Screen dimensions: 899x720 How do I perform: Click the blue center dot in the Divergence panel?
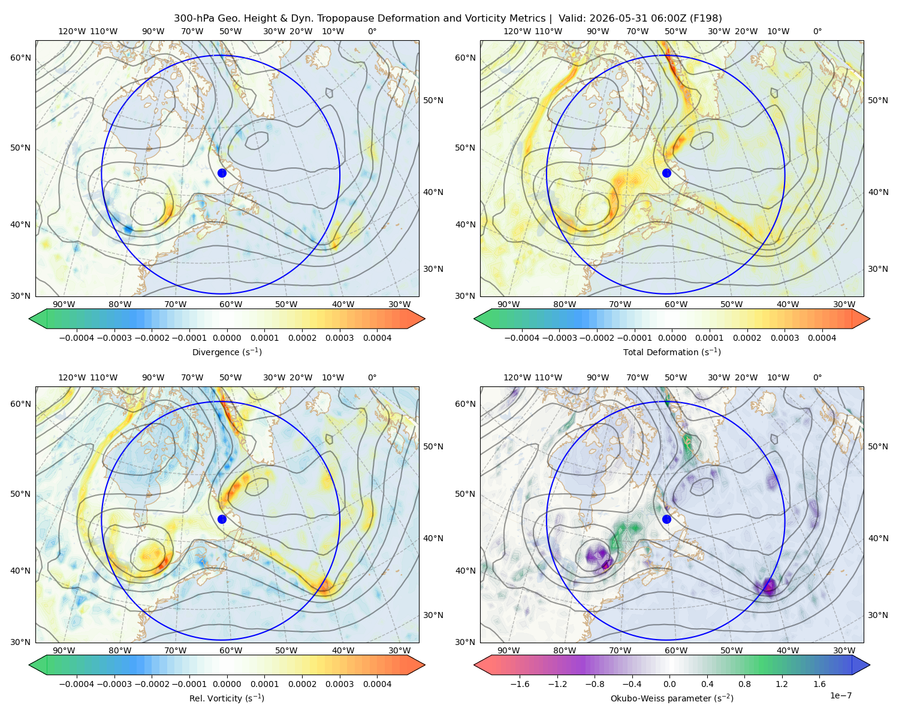[x=222, y=173]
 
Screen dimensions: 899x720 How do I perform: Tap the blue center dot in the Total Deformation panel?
[x=666, y=173]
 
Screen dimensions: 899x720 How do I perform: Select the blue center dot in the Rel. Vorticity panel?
[x=222, y=519]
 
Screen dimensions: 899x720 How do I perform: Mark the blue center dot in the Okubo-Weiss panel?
[x=666, y=519]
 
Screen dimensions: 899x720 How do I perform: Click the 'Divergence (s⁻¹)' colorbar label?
[x=227, y=352]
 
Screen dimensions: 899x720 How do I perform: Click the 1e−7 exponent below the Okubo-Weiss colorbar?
[x=840, y=695]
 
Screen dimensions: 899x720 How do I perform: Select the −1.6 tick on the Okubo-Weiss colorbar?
[x=520, y=684]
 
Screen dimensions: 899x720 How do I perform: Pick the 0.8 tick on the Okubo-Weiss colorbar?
[x=744, y=684]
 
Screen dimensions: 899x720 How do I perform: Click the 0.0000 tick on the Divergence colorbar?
[x=227, y=338]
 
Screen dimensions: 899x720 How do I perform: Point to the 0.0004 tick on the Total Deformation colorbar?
[x=822, y=338]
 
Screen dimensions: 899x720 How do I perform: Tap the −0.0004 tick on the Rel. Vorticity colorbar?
[x=77, y=684]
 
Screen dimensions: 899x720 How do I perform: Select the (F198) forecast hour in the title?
[x=706, y=19]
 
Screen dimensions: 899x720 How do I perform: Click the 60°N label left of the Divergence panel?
[x=20, y=58]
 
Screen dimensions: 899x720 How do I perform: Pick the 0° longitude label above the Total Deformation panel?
[x=817, y=31]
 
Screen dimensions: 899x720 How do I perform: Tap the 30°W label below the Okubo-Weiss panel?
[x=844, y=650]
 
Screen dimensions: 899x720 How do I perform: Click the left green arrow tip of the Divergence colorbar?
[x=29, y=319]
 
